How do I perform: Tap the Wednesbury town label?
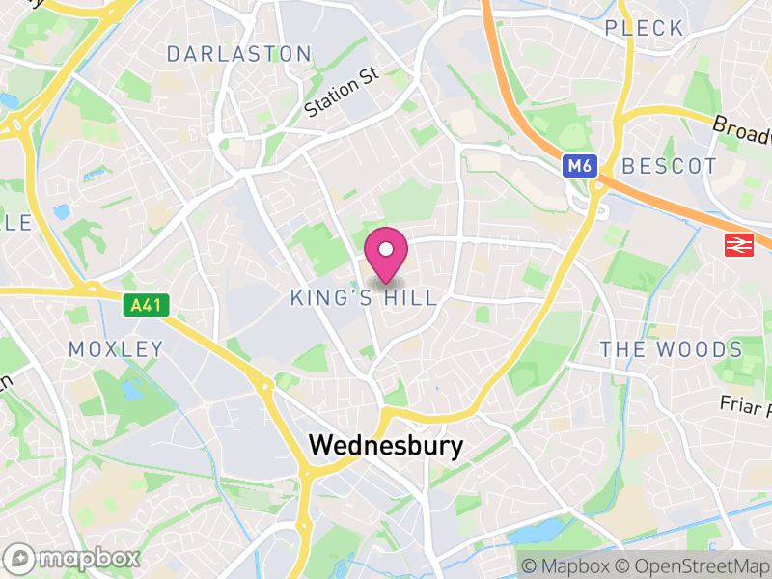(385, 446)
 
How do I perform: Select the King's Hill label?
(364, 298)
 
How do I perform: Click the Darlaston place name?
(239, 54)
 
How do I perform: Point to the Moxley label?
(116, 348)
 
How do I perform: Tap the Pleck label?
(645, 28)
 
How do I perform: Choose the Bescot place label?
(670, 166)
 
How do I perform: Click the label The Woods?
(671, 349)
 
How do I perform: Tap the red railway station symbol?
(737, 246)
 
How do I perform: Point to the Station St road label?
(342, 94)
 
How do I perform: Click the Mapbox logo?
(72, 558)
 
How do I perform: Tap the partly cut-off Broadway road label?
(743, 129)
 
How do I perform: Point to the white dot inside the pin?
(386, 250)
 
